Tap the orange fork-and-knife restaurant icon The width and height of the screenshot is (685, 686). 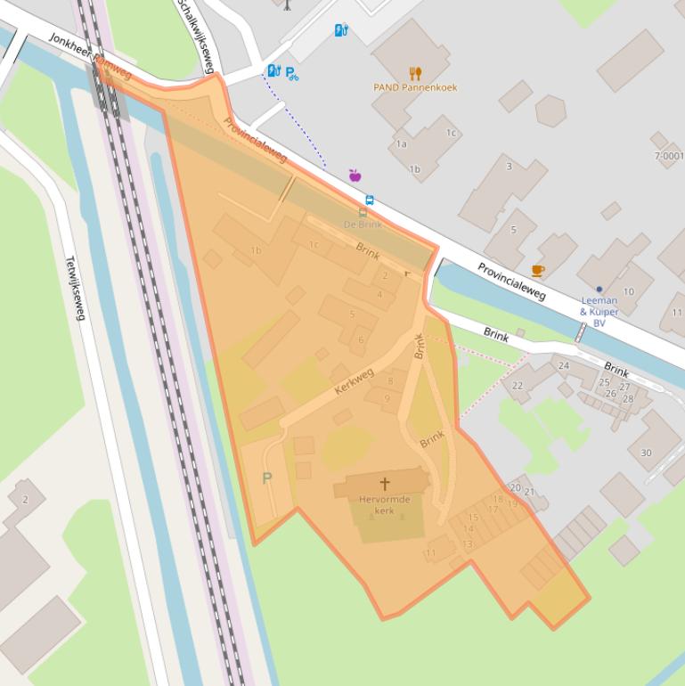coord(415,73)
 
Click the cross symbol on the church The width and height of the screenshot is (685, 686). coord(385,484)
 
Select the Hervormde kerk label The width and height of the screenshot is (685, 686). coord(384,505)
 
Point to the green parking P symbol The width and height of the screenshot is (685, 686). coord(267,478)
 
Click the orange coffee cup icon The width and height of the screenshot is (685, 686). coord(537,271)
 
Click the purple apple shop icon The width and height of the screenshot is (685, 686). coord(355,176)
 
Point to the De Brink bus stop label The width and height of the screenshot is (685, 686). coord(363,225)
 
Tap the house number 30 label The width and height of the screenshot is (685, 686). coord(646,453)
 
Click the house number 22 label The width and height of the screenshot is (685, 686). coord(518,386)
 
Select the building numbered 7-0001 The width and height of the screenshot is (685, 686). coord(670,156)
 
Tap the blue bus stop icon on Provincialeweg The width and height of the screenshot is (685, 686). coord(370,200)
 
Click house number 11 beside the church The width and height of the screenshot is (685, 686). coord(430,553)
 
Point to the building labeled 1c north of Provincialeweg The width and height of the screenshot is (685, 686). coord(451,133)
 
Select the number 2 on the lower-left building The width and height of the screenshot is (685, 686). coord(25,500)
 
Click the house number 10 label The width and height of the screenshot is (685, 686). coord(629,291)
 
